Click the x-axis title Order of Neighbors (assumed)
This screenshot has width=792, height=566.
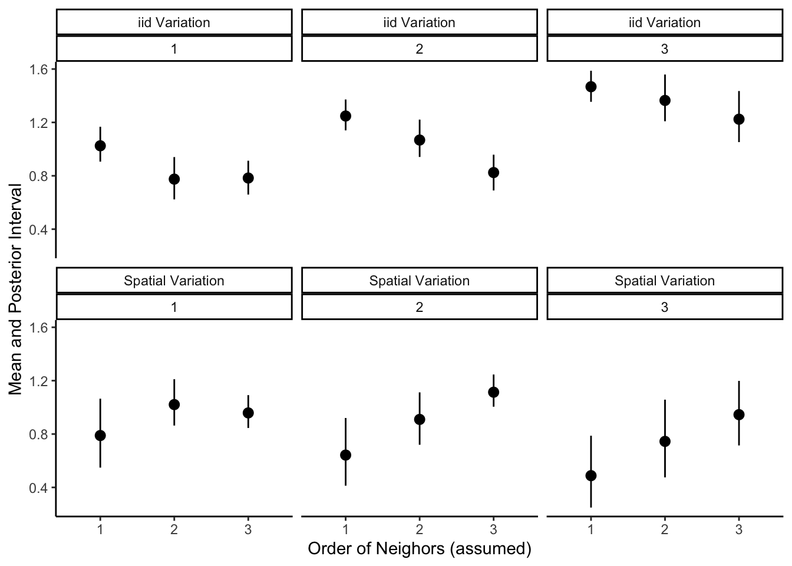(419, 549)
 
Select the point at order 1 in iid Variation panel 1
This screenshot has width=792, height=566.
(100, 146)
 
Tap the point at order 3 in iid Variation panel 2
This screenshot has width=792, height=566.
(493, 173)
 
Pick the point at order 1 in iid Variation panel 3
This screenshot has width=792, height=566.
(591, 87)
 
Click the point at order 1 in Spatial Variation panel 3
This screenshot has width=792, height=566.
(591, 476)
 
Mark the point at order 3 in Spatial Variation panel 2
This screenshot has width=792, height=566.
(493, 392)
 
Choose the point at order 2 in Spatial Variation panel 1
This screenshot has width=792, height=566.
(174, 404)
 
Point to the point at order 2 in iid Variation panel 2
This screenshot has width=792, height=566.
(420, 140)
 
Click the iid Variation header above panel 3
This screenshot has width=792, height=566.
(665, 22)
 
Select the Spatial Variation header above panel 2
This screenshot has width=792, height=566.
(420, 281)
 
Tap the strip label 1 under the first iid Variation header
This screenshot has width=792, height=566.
(174, 49)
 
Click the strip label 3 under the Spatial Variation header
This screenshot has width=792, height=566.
(665, 307)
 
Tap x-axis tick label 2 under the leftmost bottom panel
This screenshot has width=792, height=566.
(174, 529)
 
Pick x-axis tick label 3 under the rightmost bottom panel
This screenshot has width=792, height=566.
(738, 529)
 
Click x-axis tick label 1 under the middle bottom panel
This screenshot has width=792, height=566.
(346, 529)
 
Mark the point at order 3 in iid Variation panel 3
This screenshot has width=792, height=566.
(738, 119)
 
